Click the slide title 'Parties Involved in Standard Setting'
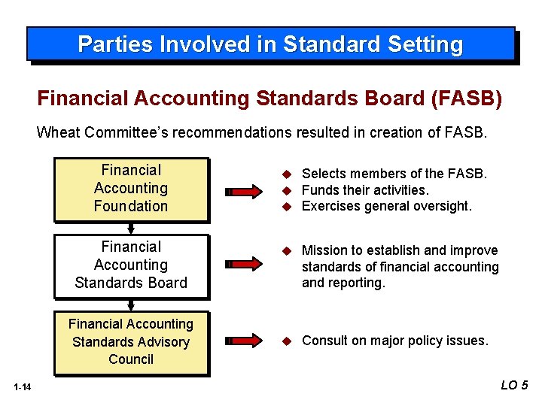click(x=270, y=44)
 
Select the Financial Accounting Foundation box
click(x=131, y=189)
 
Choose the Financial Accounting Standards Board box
click(x=131, y=265)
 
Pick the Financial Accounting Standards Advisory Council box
click(x=131, y=342)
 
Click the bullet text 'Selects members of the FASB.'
click(x=394, y=174)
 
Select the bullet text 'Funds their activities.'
click(x=364, y=190)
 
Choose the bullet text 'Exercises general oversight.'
click(x=386, y=206)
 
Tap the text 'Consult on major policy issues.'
click(x=394, y=341)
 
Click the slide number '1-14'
click(x=22, y=387)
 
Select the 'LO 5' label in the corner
click(x=514, y=385)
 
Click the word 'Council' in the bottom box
click(x=131, y=359)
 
